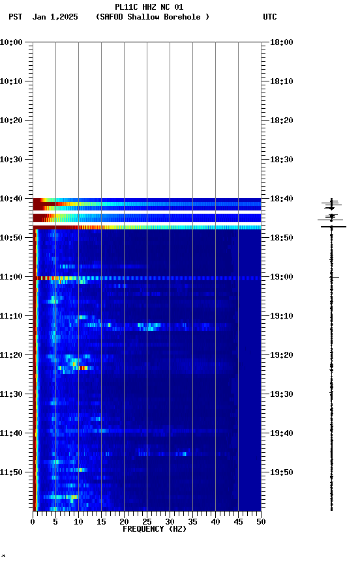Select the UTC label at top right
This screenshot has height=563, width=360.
point(269,17)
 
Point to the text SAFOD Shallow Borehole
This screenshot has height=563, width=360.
point(152,17)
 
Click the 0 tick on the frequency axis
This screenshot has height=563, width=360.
point(33,522)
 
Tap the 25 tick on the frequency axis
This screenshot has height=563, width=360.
point(147,522)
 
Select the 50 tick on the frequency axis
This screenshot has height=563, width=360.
point(261,522)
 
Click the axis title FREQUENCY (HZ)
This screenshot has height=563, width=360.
point(154,529)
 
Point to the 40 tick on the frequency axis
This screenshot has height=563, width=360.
point(215,522)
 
